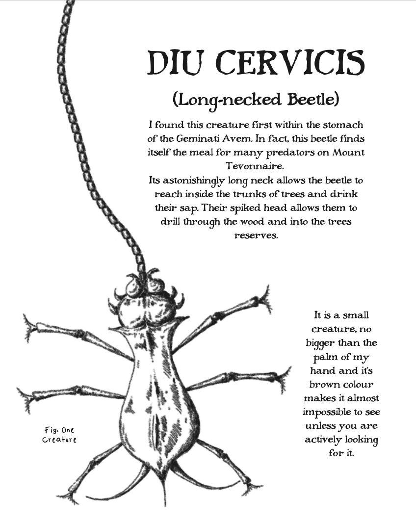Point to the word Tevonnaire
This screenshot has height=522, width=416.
255,166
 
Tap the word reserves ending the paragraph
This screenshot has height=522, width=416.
256,235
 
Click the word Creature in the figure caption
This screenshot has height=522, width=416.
59,440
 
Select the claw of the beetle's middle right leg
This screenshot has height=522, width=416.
285,378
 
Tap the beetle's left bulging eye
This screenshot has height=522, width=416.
133,287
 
